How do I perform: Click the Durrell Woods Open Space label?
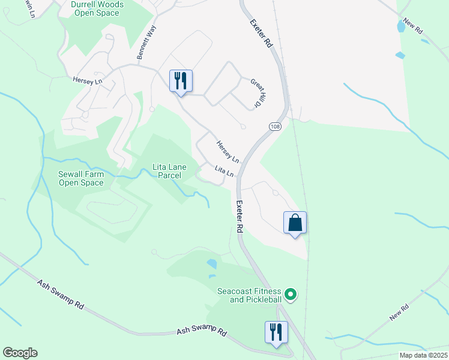97,8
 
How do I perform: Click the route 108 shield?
275,127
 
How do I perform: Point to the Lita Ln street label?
224,171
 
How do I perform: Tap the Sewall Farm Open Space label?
81,178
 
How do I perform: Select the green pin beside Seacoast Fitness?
291,294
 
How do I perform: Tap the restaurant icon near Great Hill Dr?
181,80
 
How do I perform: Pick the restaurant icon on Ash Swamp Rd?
276,332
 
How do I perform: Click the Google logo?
20,353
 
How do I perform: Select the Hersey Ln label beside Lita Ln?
228,152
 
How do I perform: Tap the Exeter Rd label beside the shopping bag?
239,217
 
